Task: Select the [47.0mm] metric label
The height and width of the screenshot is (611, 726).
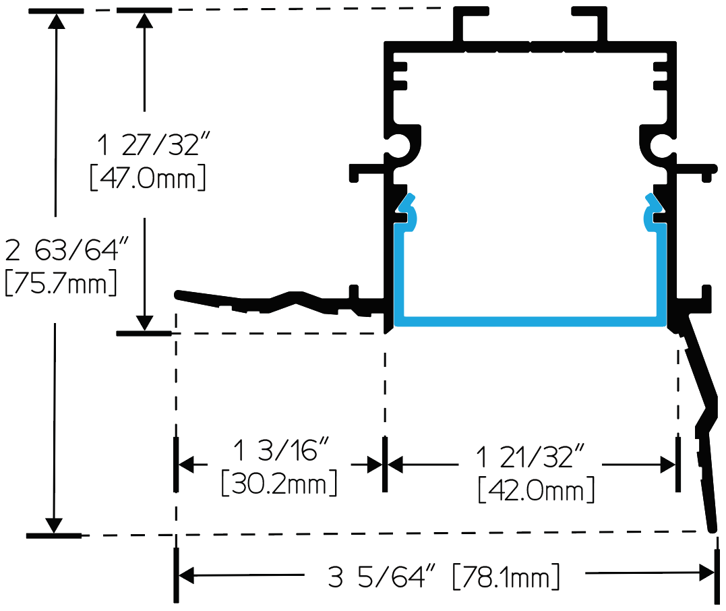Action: pos(148,178)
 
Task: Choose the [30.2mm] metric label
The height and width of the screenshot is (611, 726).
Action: pos(279,483)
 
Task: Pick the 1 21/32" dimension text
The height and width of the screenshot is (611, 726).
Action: pos(530,457)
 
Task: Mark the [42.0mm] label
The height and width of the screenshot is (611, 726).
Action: pos(536,490)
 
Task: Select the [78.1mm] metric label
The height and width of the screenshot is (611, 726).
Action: pos(506,577)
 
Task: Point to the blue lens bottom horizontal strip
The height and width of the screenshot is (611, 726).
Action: pos(530,322)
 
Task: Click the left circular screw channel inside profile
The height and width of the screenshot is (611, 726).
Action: pos(399,146)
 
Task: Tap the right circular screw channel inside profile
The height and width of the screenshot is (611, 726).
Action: pos(661,146)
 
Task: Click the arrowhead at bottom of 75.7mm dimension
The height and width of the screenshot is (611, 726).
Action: pos(54,525)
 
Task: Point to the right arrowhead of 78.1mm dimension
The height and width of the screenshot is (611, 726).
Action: pos(706,573)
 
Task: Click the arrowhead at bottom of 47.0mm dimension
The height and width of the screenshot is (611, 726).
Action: pos(144,323)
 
